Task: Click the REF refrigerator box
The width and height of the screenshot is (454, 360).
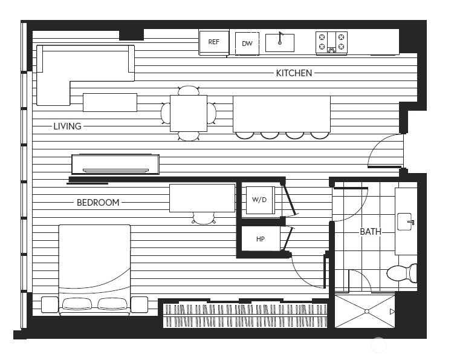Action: (214, 42)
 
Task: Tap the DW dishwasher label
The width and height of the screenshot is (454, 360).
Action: (247, 44)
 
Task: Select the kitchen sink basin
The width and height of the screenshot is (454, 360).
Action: (280, 43)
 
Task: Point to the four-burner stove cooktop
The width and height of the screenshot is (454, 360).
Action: (331, 42)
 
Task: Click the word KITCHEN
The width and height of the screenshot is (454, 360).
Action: (294, 73)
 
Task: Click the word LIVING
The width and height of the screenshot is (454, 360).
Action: (67, 126)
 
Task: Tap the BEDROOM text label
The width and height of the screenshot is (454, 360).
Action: (98, 203)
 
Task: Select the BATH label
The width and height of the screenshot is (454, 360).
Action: (371, 231)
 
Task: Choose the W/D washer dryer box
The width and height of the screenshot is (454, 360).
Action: (260, 200)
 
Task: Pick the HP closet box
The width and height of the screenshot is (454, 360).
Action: (261, 238)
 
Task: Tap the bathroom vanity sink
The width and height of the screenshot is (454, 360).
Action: (406, 221)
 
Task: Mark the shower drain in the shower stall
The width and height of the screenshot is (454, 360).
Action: (365, 312)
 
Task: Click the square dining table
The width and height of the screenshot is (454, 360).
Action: (189, 113)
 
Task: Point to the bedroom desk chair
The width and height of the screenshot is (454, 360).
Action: (204, 218)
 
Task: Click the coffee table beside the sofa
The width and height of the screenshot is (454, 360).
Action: (109, 102)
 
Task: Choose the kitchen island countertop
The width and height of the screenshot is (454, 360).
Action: (282, 113)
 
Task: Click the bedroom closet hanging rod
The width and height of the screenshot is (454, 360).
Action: (245, 315)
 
